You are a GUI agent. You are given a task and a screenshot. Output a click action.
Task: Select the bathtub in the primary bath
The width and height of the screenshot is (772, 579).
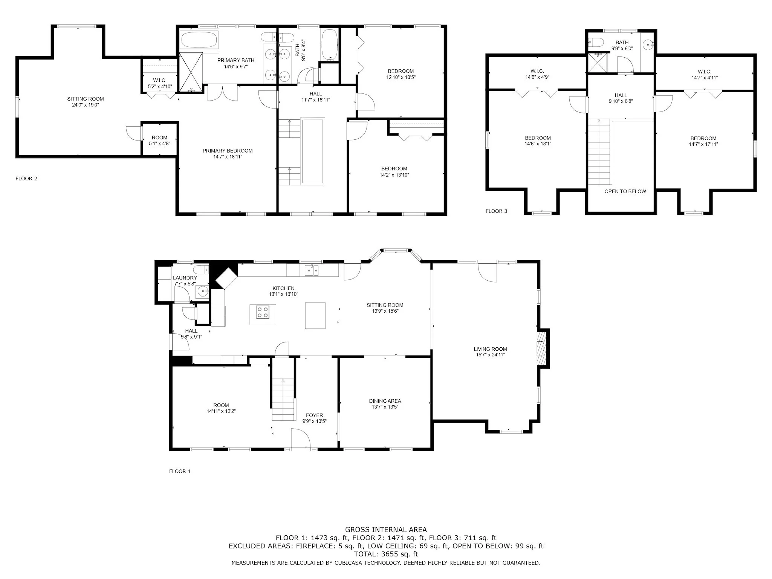(199, 40)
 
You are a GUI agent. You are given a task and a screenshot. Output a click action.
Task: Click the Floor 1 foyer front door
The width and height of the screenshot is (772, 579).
(300, 439)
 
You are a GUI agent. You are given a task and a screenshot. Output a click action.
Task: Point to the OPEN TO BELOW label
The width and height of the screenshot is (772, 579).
(625, 191)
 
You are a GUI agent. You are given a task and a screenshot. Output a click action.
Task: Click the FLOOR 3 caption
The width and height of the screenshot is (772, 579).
(496, 211)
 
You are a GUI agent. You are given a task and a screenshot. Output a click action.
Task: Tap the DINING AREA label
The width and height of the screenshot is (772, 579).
(385, 401)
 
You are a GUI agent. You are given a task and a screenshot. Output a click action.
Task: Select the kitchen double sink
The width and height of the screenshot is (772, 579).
(312, 270)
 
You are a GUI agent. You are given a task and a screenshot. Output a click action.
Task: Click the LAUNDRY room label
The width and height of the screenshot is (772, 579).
(185, 278)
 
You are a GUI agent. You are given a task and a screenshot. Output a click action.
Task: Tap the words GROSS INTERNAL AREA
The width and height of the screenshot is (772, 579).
(386, 530)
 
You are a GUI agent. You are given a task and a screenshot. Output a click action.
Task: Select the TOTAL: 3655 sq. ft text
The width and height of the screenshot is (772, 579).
(386, 554)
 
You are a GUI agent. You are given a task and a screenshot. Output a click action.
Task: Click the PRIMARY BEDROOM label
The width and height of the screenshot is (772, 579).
(228, 151)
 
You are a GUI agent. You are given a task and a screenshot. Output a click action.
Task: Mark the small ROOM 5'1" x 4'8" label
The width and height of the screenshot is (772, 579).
(159, 141)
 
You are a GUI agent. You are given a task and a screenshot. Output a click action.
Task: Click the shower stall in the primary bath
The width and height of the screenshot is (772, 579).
(191, 72)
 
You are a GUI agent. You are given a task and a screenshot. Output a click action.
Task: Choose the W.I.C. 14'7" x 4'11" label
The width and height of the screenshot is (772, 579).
(704, 75)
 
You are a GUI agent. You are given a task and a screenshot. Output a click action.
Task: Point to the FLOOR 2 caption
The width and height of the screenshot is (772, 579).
(26, 179)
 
